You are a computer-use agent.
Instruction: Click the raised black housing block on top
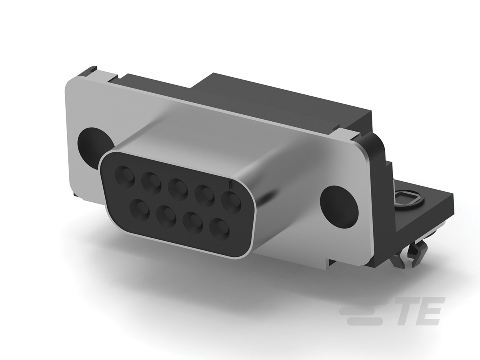pyautogui.click(x=280, y=96)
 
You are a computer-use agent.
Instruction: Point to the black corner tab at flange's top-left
pyautogui.click(x=90, y=70)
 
